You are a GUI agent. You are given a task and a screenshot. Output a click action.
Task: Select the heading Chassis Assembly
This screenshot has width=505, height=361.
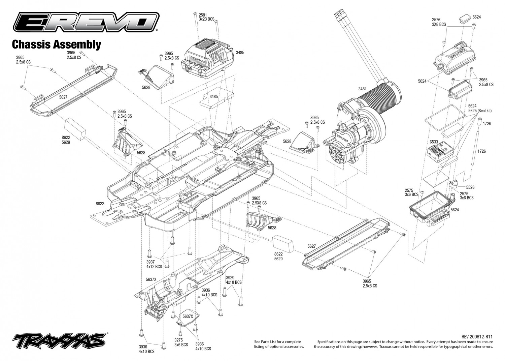tap(57, 44)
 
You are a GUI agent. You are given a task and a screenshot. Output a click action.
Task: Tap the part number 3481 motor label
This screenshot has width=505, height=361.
tap(363, 89)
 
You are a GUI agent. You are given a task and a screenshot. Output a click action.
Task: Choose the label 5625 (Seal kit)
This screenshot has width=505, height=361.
tap(480, 111)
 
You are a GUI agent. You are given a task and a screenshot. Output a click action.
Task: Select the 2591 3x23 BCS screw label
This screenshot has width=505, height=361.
tap(206, 17)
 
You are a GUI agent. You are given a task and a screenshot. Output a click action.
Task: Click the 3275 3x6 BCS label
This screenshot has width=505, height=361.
tap(181, 342)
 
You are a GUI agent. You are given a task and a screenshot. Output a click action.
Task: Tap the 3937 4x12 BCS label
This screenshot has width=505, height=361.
tap(154, 264)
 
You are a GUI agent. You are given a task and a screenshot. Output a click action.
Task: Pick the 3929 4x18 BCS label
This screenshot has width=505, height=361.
tap(234, 280)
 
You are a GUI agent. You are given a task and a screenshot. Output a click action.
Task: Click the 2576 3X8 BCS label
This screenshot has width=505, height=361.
tap(439, 22)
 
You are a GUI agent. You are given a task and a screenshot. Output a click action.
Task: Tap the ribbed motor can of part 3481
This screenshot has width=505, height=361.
tap(381, 97)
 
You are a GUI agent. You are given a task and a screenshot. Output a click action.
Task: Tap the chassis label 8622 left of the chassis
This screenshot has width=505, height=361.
tap(100, 204)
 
